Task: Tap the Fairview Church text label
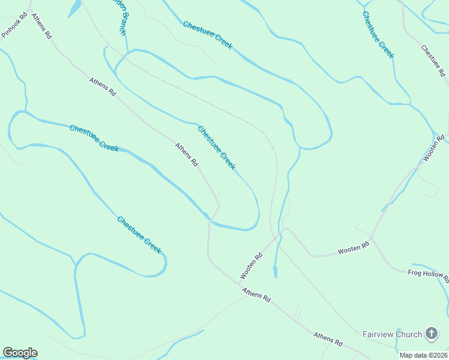[393, 333]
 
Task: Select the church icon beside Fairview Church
[431, 333]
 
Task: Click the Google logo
[20, 353]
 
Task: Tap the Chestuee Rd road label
[433, 61]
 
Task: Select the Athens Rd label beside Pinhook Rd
[42, 26]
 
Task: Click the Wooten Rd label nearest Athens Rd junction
[252, 266]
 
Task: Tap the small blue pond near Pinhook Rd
[74, 8]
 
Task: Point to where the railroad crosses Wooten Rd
[277, 236]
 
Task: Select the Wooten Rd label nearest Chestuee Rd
[434, 148]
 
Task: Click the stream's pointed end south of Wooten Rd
[276, 277]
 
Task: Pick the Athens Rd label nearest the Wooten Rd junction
[257, 295]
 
